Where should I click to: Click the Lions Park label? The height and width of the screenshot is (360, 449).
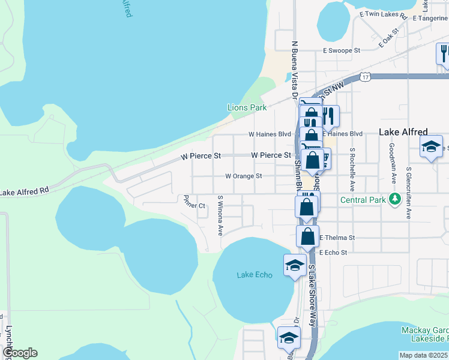(x=247, y=107)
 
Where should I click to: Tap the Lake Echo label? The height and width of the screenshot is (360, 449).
(x=255, y=275)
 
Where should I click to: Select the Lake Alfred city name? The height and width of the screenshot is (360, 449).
(x=403, y=132)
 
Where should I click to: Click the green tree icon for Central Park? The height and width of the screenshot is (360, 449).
(x=394, y=199)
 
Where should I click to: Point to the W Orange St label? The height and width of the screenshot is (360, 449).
(x=244, y=176)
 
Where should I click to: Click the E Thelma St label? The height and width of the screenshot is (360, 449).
(x=337, y=238)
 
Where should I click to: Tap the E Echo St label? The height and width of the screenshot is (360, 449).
(x=333, y=253)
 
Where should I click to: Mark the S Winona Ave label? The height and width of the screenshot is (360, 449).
(x=220, y=215)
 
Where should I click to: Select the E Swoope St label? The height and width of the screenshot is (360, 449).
(x=341, y=52)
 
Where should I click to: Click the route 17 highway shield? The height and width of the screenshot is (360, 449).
(x=365, y=76)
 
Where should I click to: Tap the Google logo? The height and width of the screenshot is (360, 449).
(x=19, y=353)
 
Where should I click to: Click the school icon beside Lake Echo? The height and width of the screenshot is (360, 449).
(x=295, y=265)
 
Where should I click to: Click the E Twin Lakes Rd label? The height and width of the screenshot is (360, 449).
(x=383, y=13)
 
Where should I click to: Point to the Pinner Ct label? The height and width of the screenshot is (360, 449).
(x=195, y=203)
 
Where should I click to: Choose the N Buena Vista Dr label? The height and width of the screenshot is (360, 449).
(x=295, y=69)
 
